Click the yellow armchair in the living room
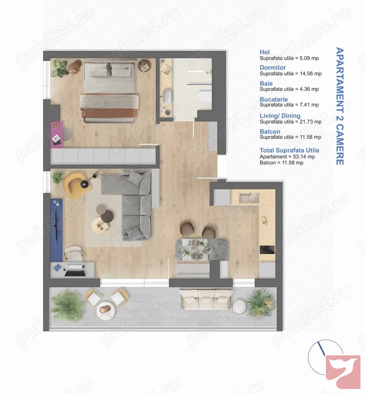coord(74,185)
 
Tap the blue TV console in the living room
coord(57,230)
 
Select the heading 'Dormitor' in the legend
coord(273,68)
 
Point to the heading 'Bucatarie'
coord(273,99)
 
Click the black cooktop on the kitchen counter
coord(267,250)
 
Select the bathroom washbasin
coord(166,96)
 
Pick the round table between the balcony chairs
coord(106,311)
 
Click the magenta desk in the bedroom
coord(57,135)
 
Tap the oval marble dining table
coord(201,249)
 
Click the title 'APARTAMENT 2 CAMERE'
coord(340,106)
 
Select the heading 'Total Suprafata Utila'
coord(289,150)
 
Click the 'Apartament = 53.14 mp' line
coord(287,157)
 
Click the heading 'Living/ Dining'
coord(280,115)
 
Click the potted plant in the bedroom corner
coord(60,68)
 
